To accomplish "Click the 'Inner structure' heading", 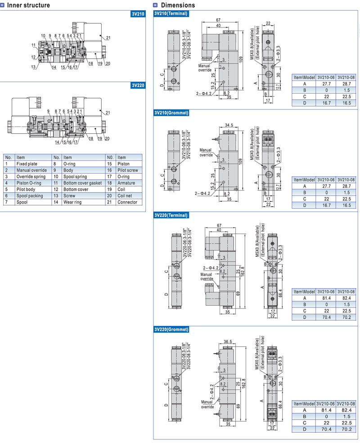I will pos(28,5).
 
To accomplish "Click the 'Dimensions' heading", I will pos(178,5).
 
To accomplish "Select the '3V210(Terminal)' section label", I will pos(171,14).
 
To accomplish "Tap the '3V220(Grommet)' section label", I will pos(171,329).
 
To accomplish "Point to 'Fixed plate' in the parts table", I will pos(27,164).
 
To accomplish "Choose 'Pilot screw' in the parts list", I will pos(128,170).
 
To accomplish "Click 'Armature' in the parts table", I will pos(126,183).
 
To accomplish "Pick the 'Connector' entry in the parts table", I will pos(127,202).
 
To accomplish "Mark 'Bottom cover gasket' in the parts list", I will pos(82,183).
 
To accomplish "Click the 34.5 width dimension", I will pos(229,125).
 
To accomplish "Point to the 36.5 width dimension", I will pos(228,342).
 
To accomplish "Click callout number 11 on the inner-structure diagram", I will pos(34,45).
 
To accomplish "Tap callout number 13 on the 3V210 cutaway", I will pos(34,67).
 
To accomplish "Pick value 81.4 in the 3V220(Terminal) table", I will pos(326,298).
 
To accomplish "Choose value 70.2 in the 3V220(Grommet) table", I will pos(346,429).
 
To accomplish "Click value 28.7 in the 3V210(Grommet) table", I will pos(346,186).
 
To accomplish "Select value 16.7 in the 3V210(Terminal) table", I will pos(326,103).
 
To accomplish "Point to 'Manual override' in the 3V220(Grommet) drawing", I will pos(207,404).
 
